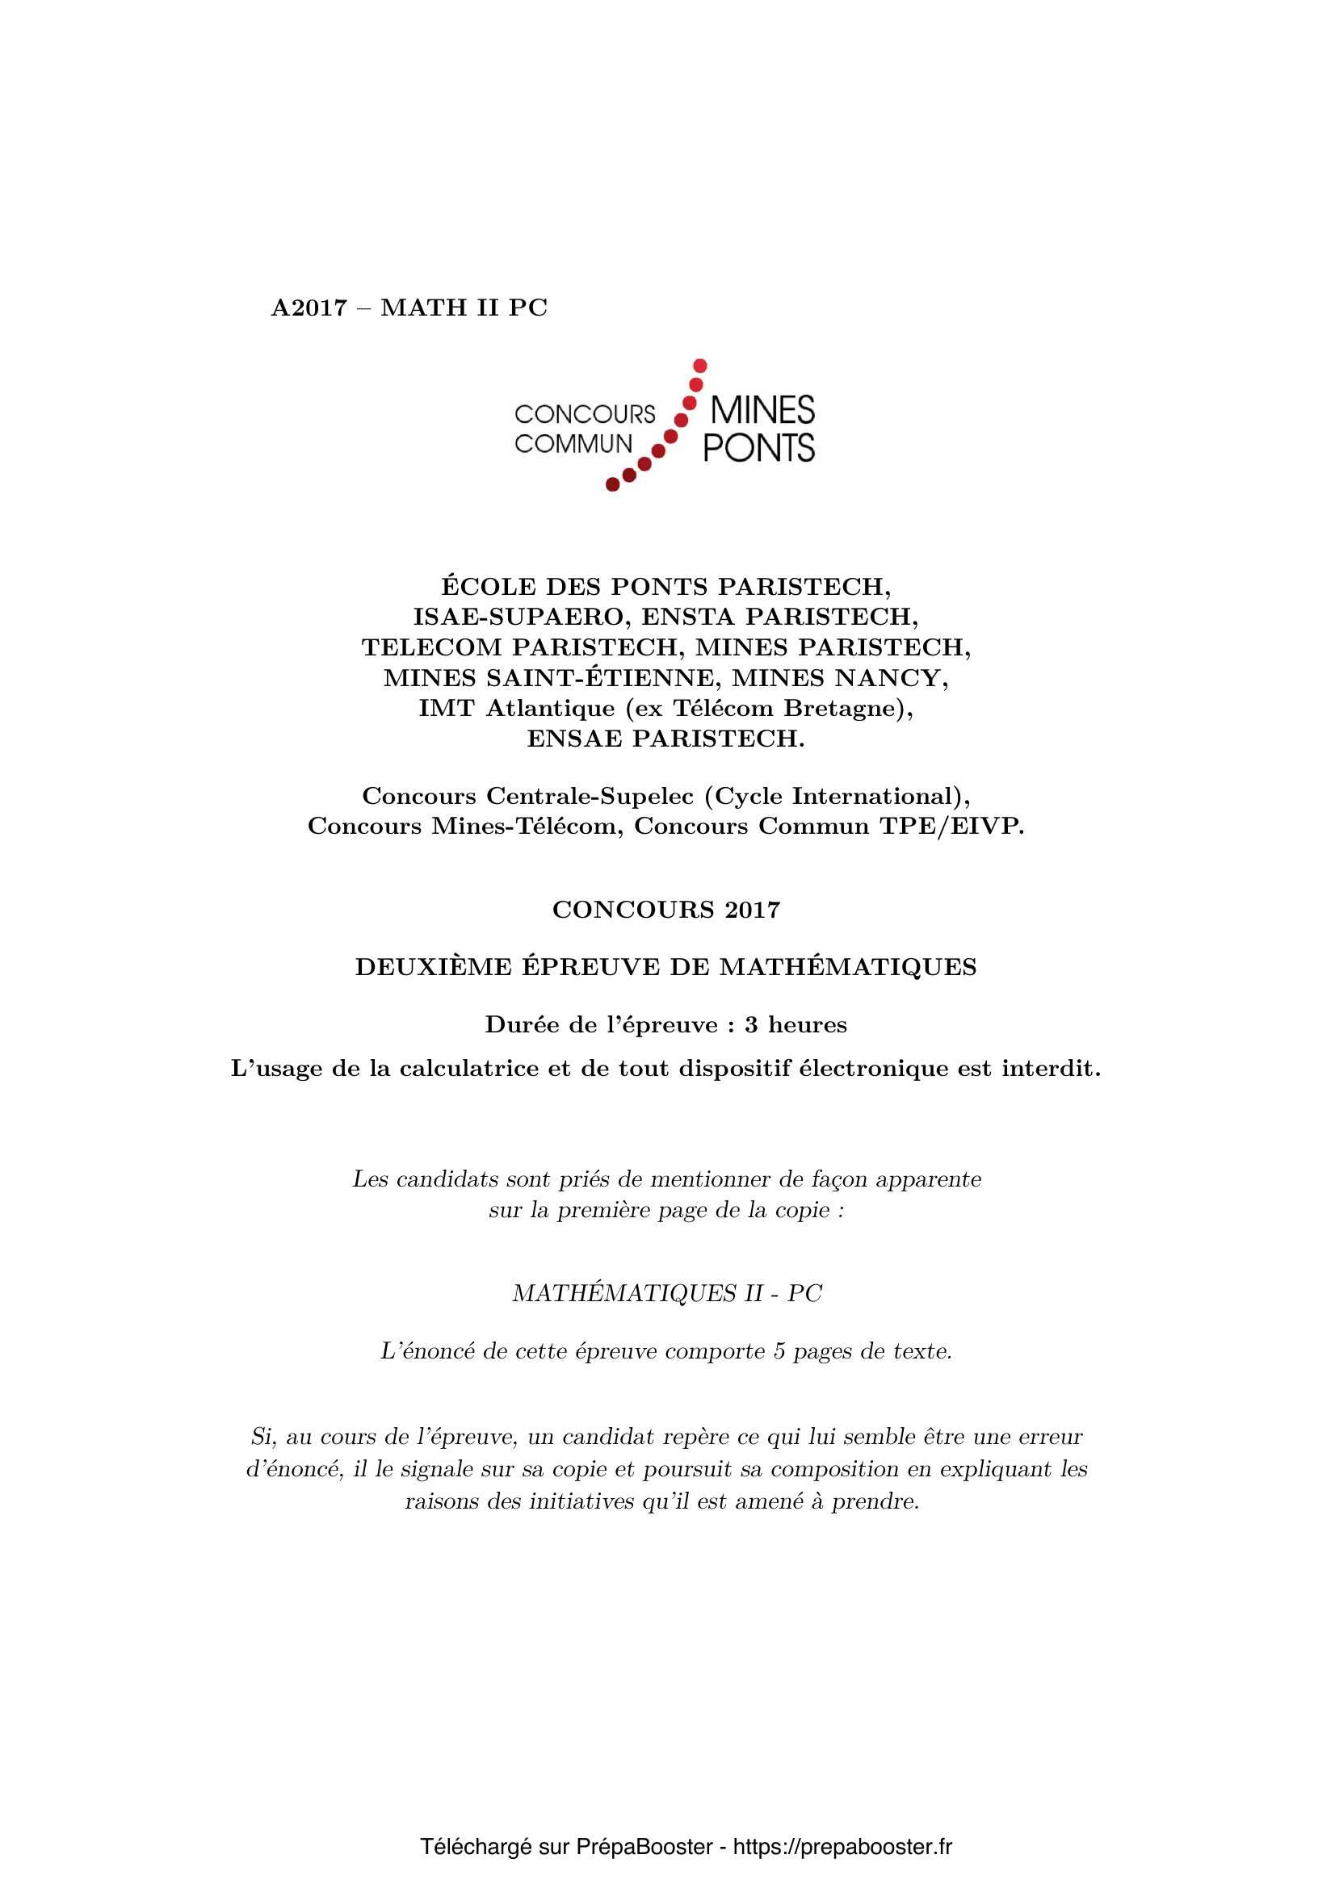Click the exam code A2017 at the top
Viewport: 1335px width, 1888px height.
tap(309, 308)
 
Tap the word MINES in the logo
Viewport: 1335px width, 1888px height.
tap(762, 410)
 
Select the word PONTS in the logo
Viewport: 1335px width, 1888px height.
tap(758, 448)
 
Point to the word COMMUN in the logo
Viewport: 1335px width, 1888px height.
tap(573, 444)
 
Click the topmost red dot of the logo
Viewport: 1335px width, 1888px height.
tap(700, 365)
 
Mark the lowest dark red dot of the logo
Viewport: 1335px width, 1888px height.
tap(612, 484)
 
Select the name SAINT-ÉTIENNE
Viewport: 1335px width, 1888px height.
tap(599, 677)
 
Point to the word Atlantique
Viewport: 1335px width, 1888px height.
tap(550, 708)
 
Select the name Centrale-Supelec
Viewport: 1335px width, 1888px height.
tap(590, 796)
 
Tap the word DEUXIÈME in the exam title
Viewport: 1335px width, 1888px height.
tap(434, 967)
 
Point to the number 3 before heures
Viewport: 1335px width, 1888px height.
tap(751, 1024)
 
